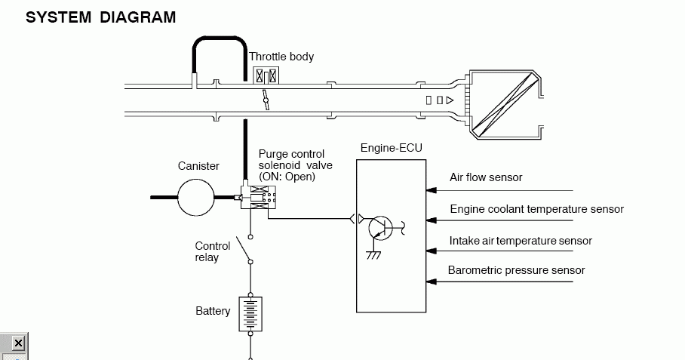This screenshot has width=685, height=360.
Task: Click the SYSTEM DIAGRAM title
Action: click(x=101, y=17)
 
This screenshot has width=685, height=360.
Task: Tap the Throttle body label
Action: click(x=281, y=57)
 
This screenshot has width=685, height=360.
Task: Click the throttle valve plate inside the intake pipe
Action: click(x=266, y=100)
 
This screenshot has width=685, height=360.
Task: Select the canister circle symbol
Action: click(x=196, y=198)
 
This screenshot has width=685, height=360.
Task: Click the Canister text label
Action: click(x=198, y=166)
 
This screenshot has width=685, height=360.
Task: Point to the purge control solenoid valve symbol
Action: click(x=259, y=197)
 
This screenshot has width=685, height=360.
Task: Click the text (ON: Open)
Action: click(x=287, y=177)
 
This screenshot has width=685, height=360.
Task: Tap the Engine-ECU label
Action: click(x=392, y=148)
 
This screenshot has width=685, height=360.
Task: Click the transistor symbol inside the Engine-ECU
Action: click(x=381, y=228)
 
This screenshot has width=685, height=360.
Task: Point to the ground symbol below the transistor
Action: click(x=374, y=254)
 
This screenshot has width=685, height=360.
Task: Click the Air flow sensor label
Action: click(x=486, y=177)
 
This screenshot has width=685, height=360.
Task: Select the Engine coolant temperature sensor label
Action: click(x=537, y=209)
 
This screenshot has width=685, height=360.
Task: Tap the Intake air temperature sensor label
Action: click(x=521, y=241)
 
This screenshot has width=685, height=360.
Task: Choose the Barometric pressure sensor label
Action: click(x=516, y=270)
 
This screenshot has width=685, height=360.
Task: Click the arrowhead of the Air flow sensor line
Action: click(x=432, y=190)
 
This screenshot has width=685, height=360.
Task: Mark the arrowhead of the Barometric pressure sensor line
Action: click(x=432, y=282)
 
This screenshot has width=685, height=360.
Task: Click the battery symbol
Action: click(x=250, y=314)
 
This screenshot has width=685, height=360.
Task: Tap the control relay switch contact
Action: click(x=244, y=250)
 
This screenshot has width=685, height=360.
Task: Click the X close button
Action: click(x=18, y=343)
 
